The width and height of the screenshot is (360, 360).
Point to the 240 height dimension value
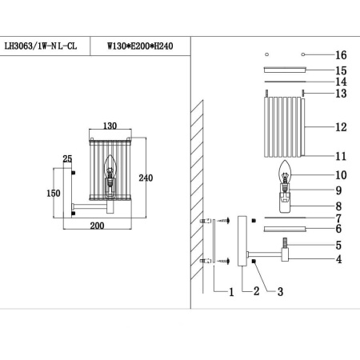point(145,178)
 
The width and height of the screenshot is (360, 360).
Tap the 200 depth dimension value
point(98,226)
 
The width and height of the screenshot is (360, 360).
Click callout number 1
point(230,292)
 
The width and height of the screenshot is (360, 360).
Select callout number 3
point(281,292)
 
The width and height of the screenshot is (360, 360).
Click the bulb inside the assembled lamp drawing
point(113,171)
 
